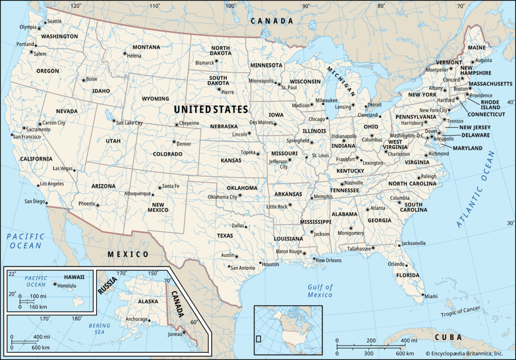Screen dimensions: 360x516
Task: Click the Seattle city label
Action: [54, 21]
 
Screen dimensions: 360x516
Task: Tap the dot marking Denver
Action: [174, 141]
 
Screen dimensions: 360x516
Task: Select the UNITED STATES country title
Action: [211, 109]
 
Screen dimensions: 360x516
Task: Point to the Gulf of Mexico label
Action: [320, 291]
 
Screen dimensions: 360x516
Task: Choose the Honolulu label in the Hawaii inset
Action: [66, 285]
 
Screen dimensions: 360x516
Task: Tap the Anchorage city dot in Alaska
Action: [150, 319]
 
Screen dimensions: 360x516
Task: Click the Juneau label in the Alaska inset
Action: [172, 333]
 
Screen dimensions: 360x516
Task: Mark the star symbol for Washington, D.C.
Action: [428, 137]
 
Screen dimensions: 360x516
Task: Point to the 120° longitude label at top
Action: [76, 6]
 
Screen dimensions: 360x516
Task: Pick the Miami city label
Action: [431, 296]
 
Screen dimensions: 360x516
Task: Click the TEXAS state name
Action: [225, 235]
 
